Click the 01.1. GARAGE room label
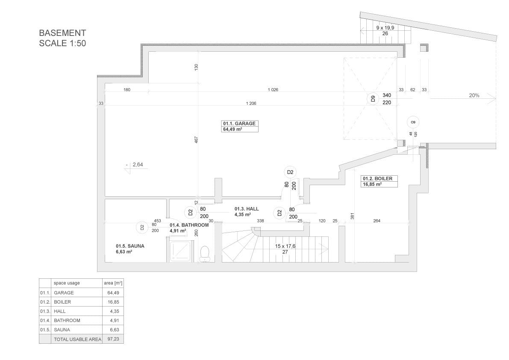pos(239,124)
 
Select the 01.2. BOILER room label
pos(377,179)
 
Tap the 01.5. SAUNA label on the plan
pos(130,246)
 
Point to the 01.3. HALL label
pos(247,209)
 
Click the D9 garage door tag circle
pos(374,99)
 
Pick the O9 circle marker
pos(413,122)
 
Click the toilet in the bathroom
pos(205,254)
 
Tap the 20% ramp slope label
pos(474,95)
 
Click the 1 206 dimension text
pos(251,103)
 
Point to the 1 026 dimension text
pos(273,90)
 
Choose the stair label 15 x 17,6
pos(285,246)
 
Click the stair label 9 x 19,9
pos(385,28)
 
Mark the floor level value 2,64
pos(138,165)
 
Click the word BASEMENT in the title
pos(62,33)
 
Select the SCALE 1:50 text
pos(62,43)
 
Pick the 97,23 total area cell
pos(113,339)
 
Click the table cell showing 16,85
pos(113,302)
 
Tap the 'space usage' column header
pos(67,283)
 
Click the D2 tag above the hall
pos(290,172)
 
